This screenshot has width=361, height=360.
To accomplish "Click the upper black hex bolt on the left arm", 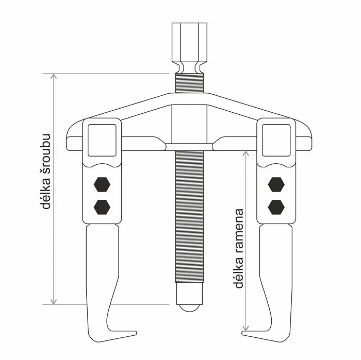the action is (102, 184).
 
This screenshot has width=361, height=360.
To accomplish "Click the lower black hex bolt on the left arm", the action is (102, 207).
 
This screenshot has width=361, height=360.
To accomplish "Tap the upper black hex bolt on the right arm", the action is (276, 184).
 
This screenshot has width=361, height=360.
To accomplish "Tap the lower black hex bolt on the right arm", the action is (276, 207).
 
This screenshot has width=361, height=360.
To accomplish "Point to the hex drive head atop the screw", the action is (189, 48).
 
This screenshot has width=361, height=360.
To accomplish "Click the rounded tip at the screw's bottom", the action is (189, 308).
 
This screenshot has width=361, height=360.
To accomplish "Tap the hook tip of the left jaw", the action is (135, 333).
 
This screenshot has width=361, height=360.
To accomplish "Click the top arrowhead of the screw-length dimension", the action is (54, 76).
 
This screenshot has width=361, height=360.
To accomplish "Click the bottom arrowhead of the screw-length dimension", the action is (54, 302).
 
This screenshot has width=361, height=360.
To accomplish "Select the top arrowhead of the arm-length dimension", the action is (246, 153).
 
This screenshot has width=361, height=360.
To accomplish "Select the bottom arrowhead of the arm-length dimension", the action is (246, 328).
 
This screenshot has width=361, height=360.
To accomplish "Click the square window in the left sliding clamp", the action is (102, 140).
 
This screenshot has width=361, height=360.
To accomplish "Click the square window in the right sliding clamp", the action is (276, 140).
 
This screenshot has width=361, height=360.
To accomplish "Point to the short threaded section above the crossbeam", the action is (189, 83).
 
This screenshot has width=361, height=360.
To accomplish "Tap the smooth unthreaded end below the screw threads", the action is (189, 294).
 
